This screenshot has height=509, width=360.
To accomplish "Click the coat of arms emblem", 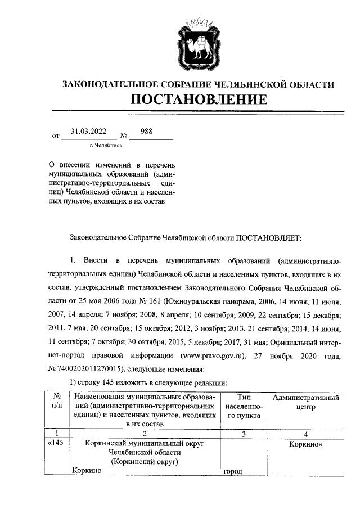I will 199,40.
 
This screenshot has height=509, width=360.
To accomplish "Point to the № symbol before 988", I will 124,136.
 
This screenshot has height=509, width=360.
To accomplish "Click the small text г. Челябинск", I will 105,145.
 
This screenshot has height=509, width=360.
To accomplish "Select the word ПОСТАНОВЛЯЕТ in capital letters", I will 268,238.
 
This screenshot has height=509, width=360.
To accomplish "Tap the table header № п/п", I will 56,402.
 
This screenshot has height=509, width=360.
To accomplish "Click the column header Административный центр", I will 305,402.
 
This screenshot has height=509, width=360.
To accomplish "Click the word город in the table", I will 232,471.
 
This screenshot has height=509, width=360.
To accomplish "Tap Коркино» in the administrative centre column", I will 306,443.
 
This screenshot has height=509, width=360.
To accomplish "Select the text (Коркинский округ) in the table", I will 145,462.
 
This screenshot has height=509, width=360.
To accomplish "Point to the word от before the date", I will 55,136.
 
